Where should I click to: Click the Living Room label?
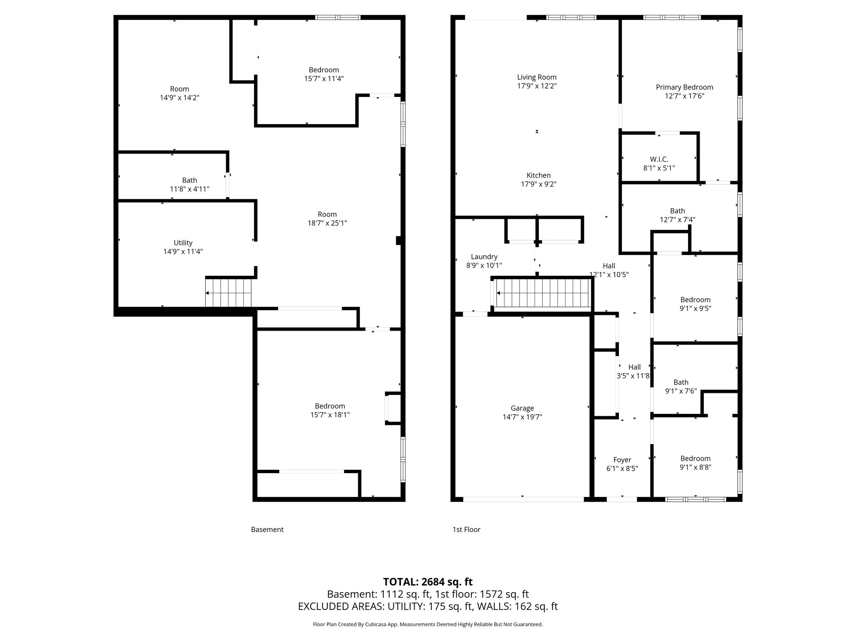537,77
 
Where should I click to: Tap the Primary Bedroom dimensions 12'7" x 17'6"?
684,96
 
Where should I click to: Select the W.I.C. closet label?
659,159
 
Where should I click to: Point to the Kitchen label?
538,176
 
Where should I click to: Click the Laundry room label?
484,257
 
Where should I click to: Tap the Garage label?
522,408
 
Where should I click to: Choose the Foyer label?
622,460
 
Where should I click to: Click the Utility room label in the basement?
183,243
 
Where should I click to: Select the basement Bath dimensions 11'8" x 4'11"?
189,189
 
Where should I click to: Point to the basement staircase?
229,293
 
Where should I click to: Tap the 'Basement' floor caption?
267,530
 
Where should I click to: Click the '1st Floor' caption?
466,530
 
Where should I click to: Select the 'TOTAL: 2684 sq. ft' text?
428,582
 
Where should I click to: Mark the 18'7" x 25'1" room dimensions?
327,223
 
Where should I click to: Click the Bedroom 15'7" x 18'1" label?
330,410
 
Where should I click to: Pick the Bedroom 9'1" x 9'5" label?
695,304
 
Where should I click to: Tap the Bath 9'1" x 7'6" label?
681,387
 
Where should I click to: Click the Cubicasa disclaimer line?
428,624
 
